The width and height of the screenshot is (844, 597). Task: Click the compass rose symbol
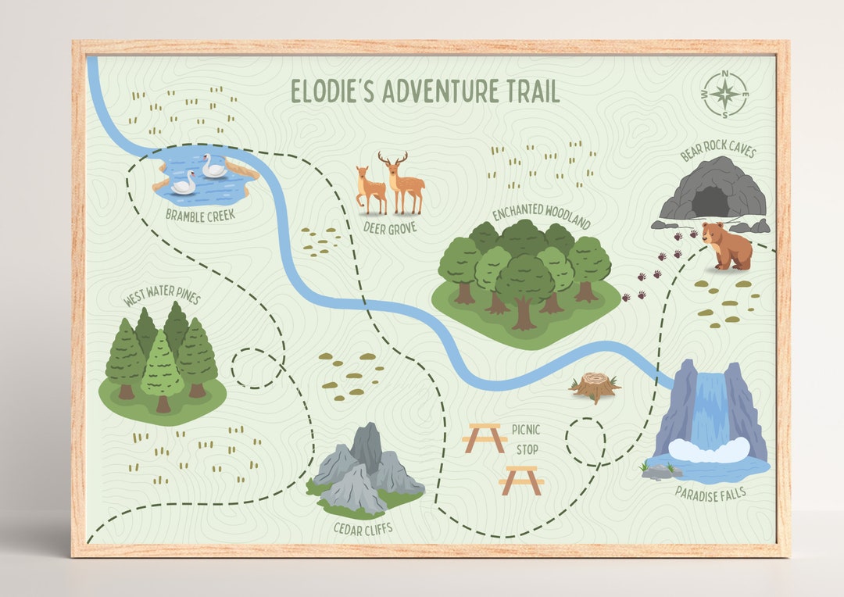(724, 95)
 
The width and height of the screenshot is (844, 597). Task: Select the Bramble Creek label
(200, 214)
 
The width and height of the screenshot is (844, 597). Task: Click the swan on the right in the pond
(214, 166)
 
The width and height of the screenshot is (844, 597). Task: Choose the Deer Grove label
(390, 227)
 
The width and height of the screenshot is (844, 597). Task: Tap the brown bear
(726, 245)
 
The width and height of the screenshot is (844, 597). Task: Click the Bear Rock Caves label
(717, 148)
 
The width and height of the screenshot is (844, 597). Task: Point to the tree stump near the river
(595, 386)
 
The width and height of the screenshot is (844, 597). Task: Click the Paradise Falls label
(710, 492)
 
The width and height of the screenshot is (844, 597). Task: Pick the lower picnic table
(522, 479)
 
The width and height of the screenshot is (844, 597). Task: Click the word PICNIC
(526, 429)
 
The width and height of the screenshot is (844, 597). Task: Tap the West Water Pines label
(162, 298)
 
